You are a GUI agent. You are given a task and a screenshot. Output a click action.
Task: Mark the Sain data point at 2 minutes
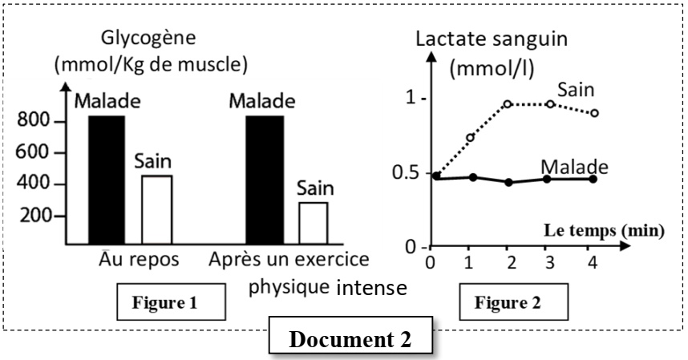tap(508, 103)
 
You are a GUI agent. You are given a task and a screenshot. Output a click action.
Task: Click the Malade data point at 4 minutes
tap(593, 179)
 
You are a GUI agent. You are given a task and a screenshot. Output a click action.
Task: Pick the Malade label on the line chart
tap(573, 166)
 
